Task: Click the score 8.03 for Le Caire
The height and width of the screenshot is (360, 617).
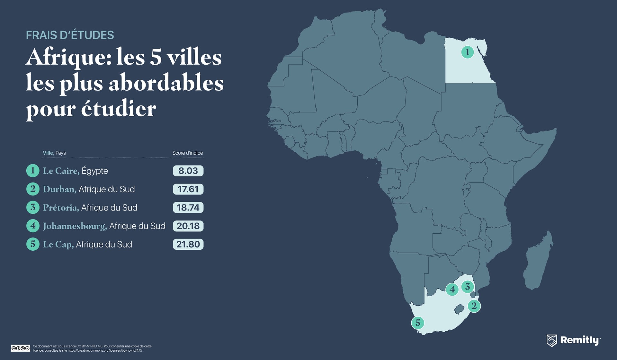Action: click(x=188, y=171)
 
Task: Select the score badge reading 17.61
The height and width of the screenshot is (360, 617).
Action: click(x=188, y=189)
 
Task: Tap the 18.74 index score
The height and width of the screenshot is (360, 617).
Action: click(x=188, y=207)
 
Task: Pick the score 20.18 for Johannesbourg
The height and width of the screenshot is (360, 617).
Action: click(x=188, y=226)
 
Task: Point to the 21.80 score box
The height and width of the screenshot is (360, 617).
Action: click(x=188, y=244)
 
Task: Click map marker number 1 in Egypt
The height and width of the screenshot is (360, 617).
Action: click(x=467, y=52)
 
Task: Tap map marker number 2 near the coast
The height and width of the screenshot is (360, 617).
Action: click(x=474, y=306)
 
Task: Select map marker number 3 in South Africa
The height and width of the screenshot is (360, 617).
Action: click(x=468, y=286)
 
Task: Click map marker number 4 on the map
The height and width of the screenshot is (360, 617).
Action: click(x=452, y=289)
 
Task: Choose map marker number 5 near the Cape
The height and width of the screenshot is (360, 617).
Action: click(x=418, y=322)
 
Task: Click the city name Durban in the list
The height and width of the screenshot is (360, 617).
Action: click(x=59, y=189)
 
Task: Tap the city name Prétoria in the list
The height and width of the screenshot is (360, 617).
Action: click(x=61, y=208)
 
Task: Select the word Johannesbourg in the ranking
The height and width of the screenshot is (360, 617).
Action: click(x=75, y=226)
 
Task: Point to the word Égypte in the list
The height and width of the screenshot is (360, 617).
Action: click(x=95, y=171)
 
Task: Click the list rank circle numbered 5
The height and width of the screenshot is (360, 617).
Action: click(x=32, y=244)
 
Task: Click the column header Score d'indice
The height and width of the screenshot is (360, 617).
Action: click(x=187, y=153)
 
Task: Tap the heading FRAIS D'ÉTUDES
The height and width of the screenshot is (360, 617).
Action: click(x=70, y=35)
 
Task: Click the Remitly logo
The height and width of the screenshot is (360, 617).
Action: click(x=573, y=340)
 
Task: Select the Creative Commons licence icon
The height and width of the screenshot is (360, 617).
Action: click(x=20, y=348)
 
